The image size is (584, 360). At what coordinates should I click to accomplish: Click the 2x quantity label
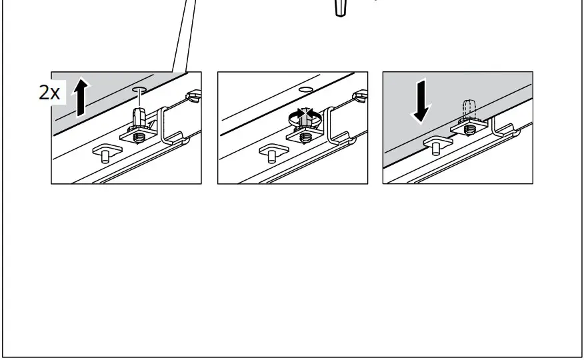pyautogui.click(x=49, y=92)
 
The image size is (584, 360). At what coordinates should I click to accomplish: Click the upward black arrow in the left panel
pyautogui.click(x=81, y=97)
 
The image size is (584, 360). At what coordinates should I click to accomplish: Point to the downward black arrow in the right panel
pyautogui.click(x=421, y=101)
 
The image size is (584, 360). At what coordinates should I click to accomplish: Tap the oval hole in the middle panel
pyautogui.click(x=306, y=89)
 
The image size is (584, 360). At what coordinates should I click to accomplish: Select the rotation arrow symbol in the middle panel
pyautogui.click(x=305, y=117)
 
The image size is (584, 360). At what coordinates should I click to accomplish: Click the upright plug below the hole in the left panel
pyautogui.click(x=139, y=116)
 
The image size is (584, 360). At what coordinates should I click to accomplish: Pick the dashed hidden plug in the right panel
pyautogui.click(x=469, y=109)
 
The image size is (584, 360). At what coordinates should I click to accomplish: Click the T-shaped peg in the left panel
pyautogui.click(x=107, y=153)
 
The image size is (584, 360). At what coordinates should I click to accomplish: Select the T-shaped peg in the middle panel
pyautogui.click(x=273, y=153)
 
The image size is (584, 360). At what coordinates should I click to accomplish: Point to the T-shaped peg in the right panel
pyautogui.click(x=437, y=145)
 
